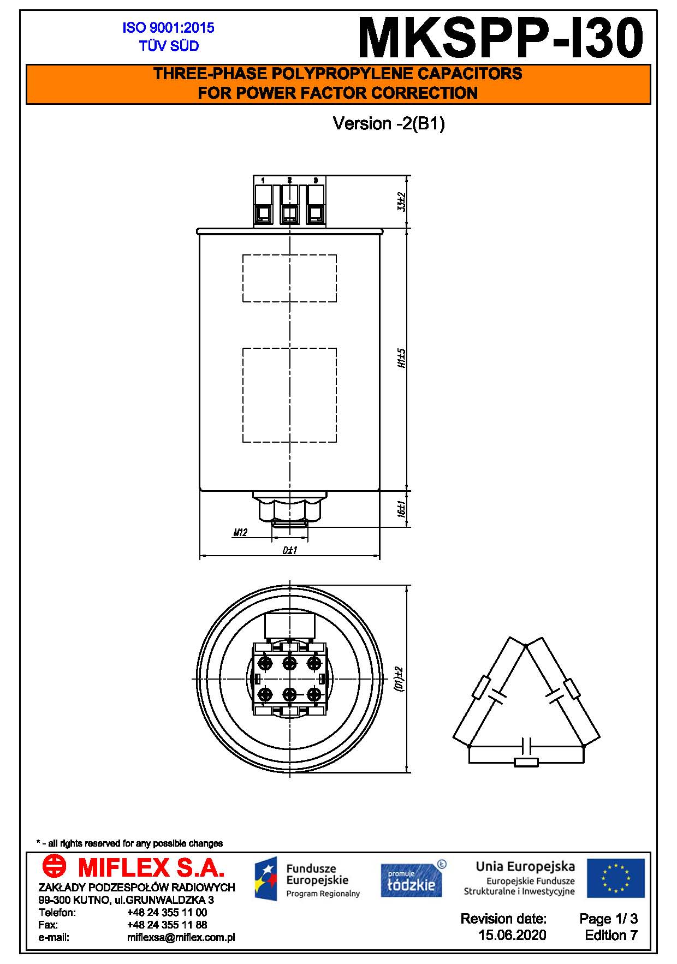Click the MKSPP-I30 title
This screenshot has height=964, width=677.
[x=501, y=37]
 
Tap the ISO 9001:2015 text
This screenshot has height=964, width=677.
[x=168, y=28]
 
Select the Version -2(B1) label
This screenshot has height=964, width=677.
[x=389, y=124]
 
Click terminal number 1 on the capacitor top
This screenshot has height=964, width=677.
[x=263, y=180]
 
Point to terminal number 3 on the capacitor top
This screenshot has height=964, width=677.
[x=316, y=180]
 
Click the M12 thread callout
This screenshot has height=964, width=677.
[x=240, y=532]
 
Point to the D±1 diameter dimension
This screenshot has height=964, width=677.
[x=289, y=550]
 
